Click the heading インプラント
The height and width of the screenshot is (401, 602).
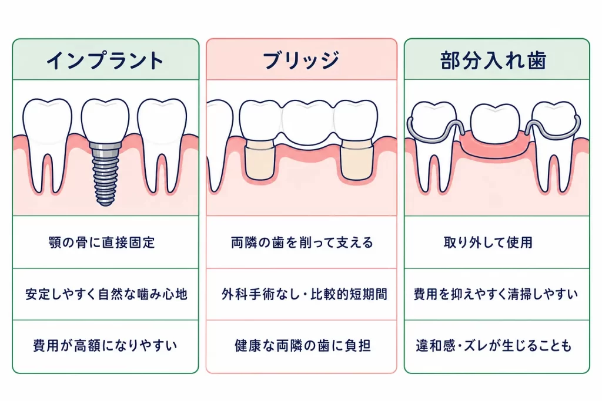click(x=105, y=60)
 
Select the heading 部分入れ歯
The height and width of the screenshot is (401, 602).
click(x=493, y=60)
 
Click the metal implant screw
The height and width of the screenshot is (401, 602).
click(x=105, y=173)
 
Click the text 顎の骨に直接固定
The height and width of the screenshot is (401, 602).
click(x=102, y=242)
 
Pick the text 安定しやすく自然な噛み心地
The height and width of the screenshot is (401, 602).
click(x=106, y=294)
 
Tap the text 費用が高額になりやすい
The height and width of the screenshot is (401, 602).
click(x=105, y=345)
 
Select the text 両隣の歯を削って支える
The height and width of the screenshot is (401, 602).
click(x=302, y=242)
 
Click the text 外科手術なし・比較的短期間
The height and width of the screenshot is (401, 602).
click(x=305, y=294)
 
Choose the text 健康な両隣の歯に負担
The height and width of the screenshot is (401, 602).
click(x=303, y=345)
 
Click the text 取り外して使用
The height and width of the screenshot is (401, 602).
click(x=488, y=242)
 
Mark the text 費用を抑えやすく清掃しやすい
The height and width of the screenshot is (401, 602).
click(x=496, y=294)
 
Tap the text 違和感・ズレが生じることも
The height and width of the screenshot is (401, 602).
click(x=494, y=345)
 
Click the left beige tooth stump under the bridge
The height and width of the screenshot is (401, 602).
click(x=259, y=160)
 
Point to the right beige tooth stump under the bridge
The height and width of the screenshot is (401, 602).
click(x=357, y=160)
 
